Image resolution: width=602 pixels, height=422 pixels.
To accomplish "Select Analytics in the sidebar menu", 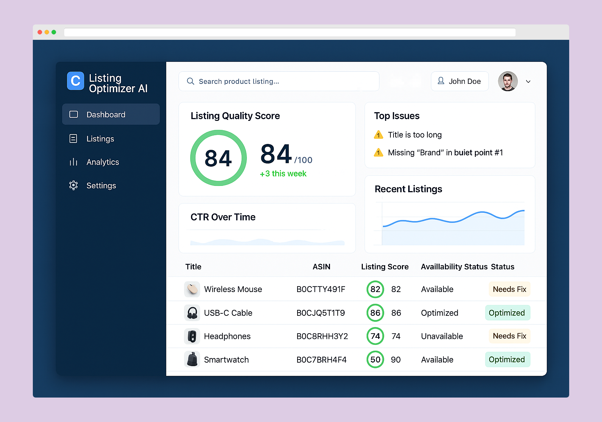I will coord(102,162).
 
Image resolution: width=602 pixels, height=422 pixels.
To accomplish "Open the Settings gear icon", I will coord(73,185).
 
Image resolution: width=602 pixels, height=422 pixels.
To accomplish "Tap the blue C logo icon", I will coord(75,81).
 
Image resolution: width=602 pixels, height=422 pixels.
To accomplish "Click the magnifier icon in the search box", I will coord(190,81).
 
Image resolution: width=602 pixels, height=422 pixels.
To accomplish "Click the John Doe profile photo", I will coord(507,81).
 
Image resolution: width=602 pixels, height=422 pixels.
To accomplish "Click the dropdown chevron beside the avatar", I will coord(528,82).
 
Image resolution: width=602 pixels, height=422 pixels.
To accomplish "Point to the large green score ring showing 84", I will coord(219,158).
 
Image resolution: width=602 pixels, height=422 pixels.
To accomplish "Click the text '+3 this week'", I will coord(283,174).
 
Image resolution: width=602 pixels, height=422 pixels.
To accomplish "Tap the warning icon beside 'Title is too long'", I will coord(378,135).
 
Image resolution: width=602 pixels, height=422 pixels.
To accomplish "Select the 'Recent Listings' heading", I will coord(408,189).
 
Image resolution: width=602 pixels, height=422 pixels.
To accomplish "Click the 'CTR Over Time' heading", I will coord(223,217).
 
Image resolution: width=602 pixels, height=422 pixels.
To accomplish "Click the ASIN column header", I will coord(321,267).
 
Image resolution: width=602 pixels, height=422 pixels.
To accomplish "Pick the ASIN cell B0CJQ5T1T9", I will coord(321,313).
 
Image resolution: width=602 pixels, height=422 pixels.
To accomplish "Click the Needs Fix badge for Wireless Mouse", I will coord(509,289).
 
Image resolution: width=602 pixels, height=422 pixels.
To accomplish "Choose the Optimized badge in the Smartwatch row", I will coord(507,359).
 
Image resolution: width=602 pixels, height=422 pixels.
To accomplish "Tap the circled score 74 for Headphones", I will coord(375,336).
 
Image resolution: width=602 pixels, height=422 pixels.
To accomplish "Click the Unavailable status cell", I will coord(442,336).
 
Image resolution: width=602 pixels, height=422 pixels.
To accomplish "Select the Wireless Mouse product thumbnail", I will coord(192,289).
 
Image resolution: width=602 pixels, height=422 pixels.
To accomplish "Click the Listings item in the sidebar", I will coord(100,139).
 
